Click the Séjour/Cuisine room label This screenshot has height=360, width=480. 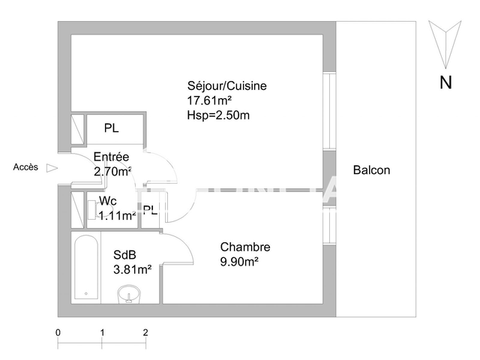(x=226, y=86)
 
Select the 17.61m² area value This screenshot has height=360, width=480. (x=209, y=100)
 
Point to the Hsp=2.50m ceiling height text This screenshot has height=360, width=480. (x=218, y=115)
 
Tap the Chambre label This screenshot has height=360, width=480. (x=244, y=247)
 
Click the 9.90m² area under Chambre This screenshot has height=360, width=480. (x=239, y=261)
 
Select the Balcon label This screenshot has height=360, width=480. (x=372, y=170)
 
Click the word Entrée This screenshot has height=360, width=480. (x=111, y=157)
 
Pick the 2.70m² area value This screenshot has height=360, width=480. (x=112, y=171)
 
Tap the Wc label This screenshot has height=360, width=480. (x=107, y=202)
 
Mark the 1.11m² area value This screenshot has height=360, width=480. (x=118, y=215)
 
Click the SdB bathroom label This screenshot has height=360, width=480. (x=124, y=255)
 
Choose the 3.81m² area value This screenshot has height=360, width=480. (x=133, y=268)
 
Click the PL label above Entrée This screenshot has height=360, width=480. (x=112, y=128)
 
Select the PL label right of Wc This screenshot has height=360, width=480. (x=150, y=210)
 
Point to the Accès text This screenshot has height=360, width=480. (x=25, y=168)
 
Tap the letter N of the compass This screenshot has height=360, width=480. (x=445, y=83)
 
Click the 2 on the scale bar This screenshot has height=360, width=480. (x=145, y=331)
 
